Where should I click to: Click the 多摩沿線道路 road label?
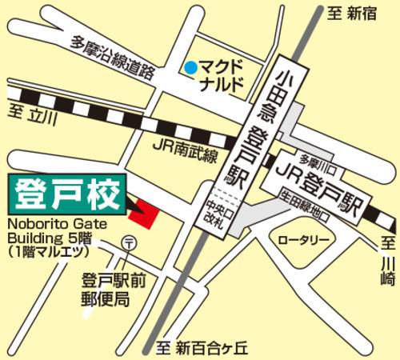coord(113,58)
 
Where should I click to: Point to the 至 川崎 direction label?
coord(387,260)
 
